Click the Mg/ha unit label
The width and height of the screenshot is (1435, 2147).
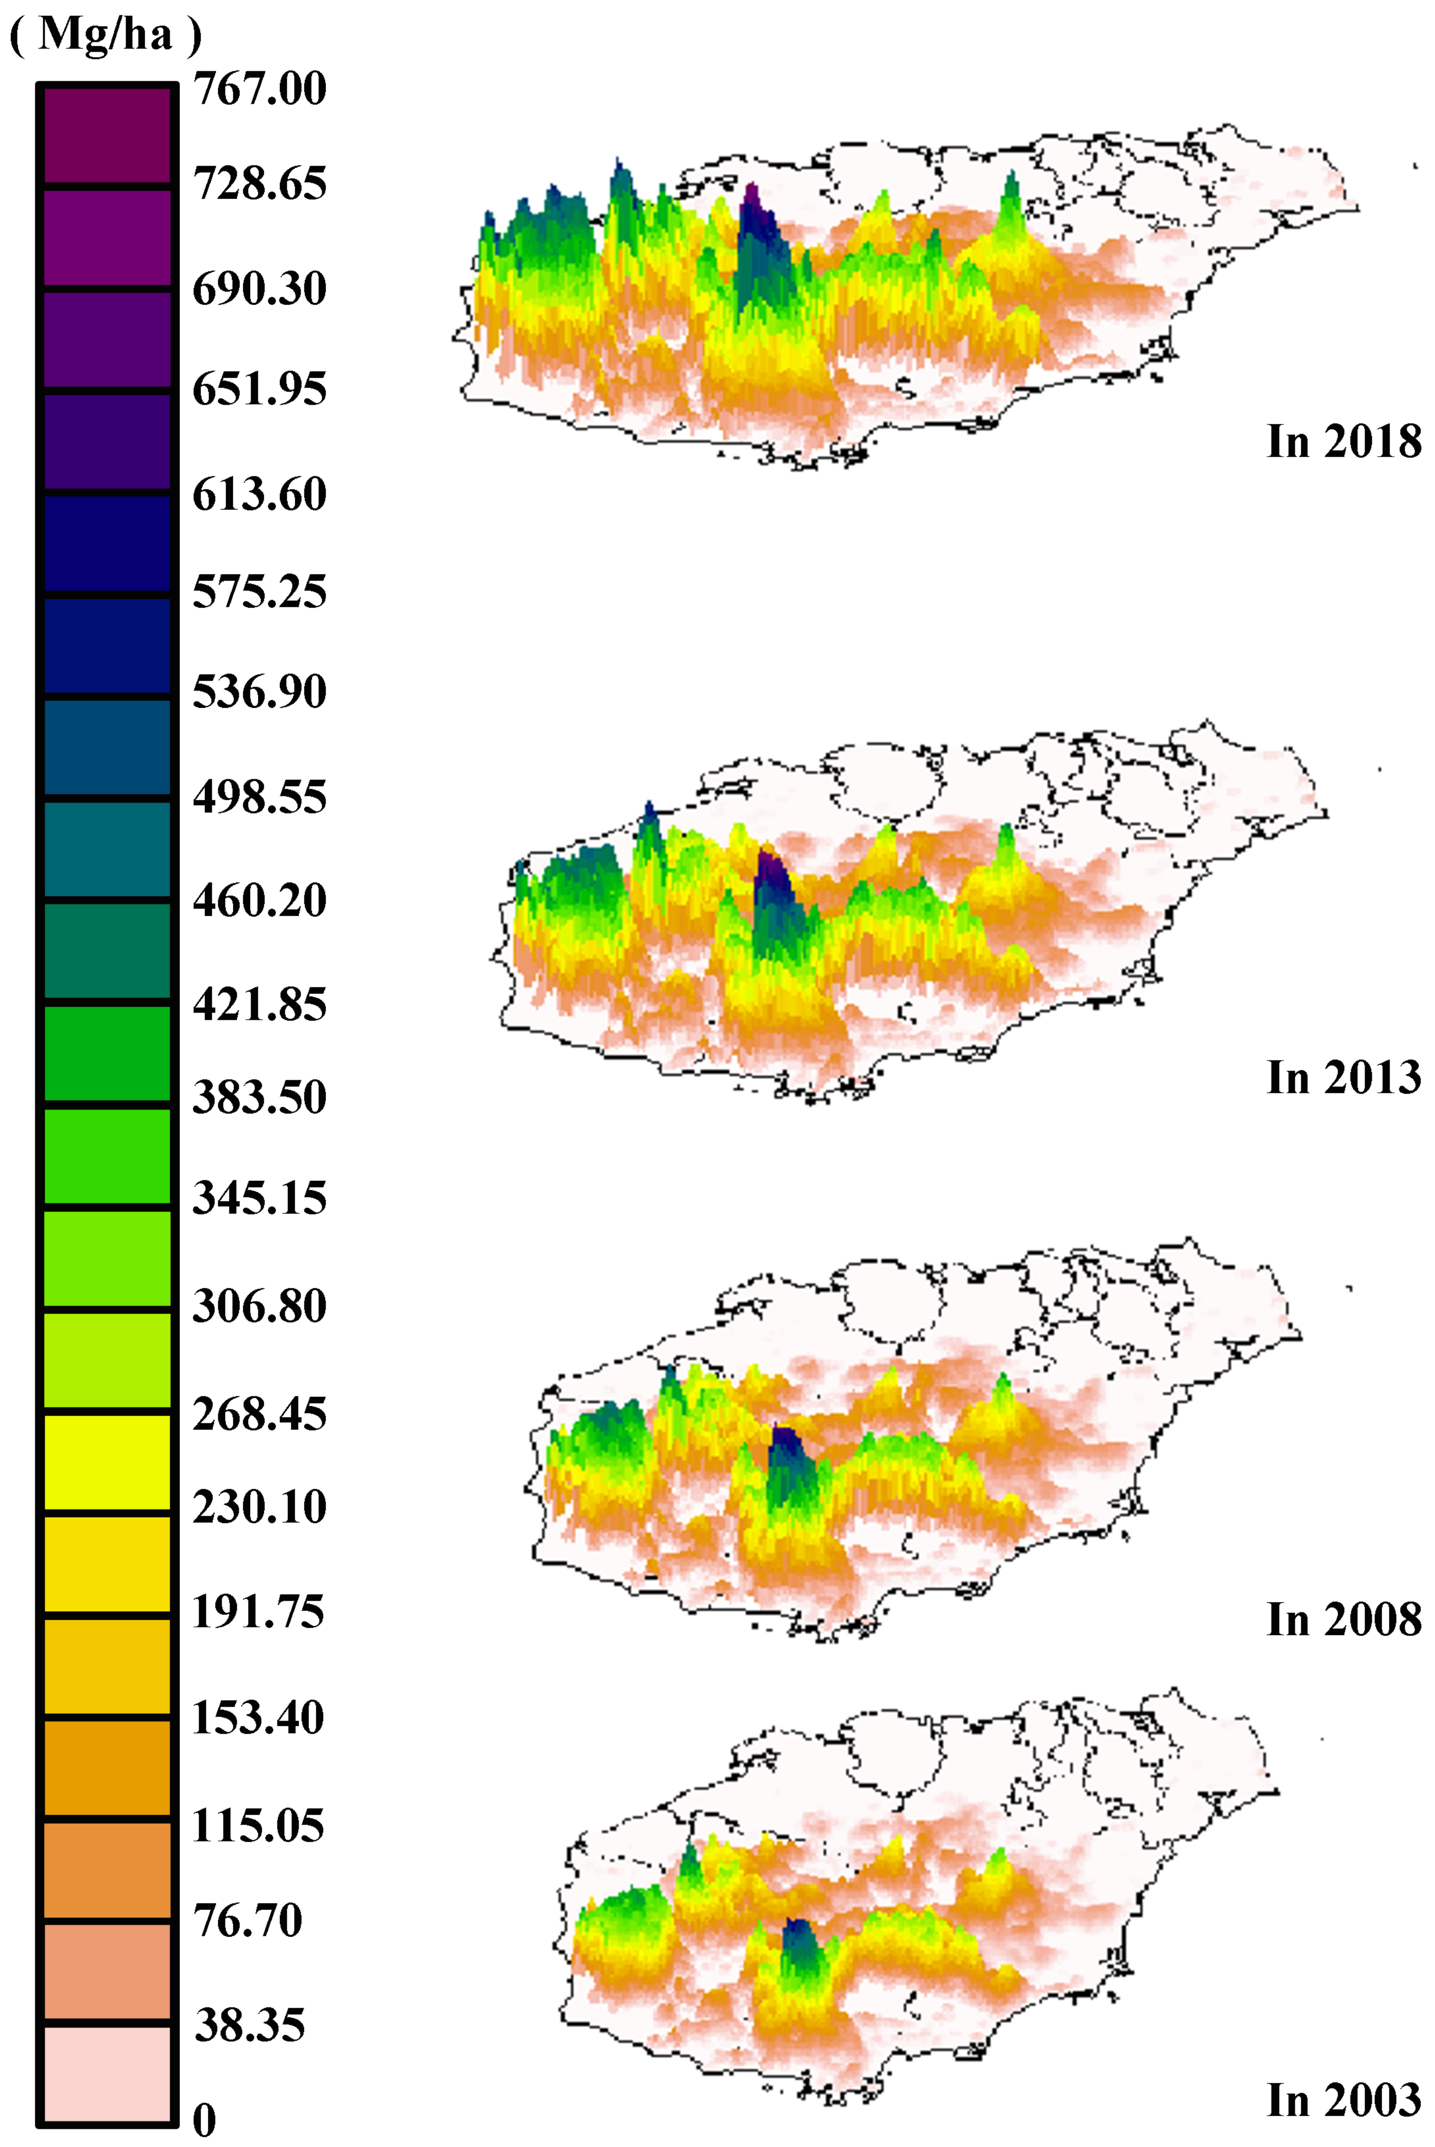[105, 35]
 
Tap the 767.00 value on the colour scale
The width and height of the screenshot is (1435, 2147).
[259, 89]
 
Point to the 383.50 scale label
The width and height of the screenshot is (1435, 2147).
[259, 1097]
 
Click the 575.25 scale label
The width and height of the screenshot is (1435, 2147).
[259, 591]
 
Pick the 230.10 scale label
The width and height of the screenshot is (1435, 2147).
[259, 1506]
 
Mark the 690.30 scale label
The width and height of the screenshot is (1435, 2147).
[259, 288]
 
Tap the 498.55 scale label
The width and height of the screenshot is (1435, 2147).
[259, 796]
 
